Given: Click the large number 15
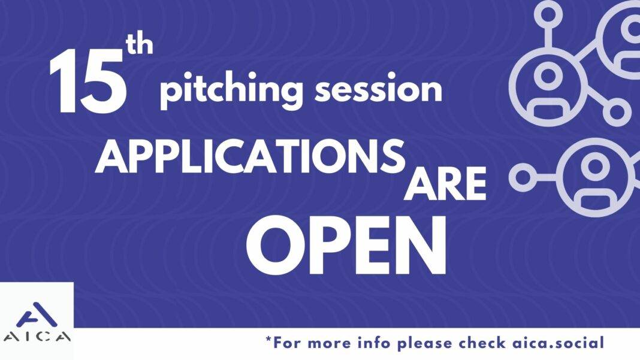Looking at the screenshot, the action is [86, 81].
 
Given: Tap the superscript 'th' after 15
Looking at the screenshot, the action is [140, 46].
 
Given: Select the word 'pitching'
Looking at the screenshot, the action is [231, 90].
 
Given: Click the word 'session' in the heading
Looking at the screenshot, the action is [379, 88].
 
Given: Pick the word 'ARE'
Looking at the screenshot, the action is [445, 184].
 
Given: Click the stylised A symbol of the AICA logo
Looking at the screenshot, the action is [37, 316].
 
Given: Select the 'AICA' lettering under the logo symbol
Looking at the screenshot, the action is [37, 337].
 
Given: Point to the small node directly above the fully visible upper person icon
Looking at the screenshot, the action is [548, 15].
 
